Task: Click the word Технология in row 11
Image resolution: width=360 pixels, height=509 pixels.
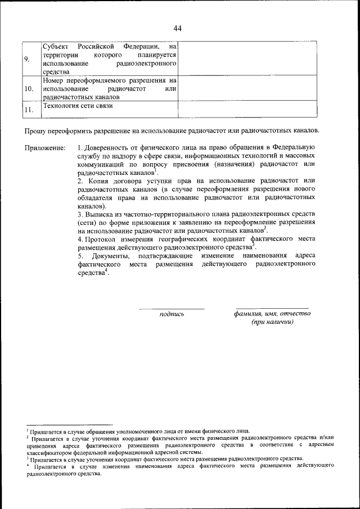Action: (61, 106)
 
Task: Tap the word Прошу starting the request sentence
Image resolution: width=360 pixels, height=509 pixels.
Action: (35, 131)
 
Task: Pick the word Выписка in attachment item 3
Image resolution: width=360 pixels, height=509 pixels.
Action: (101, 214)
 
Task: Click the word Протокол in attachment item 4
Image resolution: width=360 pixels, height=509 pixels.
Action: (102, 240)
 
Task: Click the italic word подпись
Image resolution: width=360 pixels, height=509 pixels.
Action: (172, 314)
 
